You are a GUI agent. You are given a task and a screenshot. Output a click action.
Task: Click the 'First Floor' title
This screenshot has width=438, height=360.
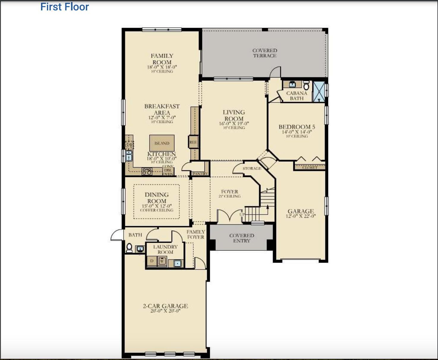(64, 7)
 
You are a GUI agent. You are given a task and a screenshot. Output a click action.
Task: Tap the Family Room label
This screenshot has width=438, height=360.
(162, 59)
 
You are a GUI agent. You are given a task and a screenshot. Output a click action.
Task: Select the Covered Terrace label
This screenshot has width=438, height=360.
(265, 53)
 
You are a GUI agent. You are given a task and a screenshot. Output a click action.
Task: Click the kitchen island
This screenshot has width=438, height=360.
(162, 143)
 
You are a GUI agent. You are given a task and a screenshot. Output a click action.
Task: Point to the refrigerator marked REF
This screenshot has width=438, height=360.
(193, 142)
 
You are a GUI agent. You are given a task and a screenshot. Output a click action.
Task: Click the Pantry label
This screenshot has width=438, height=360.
(200, 173)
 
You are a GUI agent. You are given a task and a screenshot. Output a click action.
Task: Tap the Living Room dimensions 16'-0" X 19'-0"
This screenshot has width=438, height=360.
(234, 124)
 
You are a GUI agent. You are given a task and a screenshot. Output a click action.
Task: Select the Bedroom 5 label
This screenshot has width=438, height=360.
(297, 127)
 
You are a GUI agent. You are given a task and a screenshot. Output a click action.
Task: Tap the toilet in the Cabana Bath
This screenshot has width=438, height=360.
(306, 86)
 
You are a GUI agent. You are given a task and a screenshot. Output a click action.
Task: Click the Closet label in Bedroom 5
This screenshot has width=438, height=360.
(310, 168)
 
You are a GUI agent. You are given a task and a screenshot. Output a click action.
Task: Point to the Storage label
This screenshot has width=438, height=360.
(252, 168)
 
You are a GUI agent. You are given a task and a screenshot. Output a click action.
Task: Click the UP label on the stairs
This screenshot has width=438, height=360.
(242, 214)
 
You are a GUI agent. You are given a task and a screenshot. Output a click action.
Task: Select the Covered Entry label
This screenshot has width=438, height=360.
(242, 238)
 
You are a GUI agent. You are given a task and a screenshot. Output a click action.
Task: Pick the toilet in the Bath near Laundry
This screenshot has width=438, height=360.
(129, 248)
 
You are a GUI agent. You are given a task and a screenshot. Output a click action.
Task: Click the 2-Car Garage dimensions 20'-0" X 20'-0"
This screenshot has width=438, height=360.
(165, 311)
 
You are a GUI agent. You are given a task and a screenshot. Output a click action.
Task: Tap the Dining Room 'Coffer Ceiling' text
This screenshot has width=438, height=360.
(157, 210)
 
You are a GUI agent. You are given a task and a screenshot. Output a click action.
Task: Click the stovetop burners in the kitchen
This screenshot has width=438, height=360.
(147, 171)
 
